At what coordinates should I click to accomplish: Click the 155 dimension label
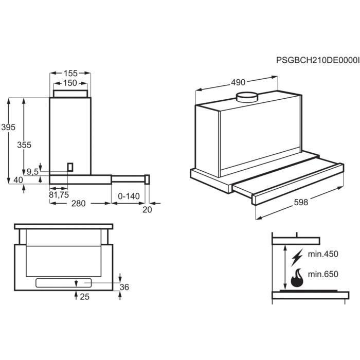click(70, 73)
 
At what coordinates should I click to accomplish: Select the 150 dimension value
click(70, 83)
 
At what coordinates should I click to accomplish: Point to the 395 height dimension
click(8, 127)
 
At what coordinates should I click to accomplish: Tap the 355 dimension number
click(24, 145)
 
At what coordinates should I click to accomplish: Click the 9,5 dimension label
click(33, 171)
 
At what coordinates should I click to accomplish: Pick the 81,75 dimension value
click(59, 195)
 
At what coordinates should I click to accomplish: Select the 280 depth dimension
click(78, 204)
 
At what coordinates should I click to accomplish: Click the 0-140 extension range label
click(129, 196)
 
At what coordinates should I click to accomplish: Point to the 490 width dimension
click(238, 82)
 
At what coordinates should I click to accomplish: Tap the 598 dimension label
click(301, 202)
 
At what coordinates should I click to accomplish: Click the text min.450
click(323, 254)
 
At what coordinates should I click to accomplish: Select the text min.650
click(323, 274)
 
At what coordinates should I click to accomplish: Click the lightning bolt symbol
click(297, 257)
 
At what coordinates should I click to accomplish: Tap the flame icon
click(297, 278)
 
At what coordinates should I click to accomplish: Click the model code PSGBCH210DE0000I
click(318, 60)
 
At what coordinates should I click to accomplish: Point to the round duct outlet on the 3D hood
click(247, 97)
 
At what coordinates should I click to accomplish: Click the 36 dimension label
click(124, 287)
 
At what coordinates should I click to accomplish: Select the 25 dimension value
click(84, 297)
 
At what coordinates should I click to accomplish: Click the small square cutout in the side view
click(70, 167)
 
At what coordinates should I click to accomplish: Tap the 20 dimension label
click(147, 210)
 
